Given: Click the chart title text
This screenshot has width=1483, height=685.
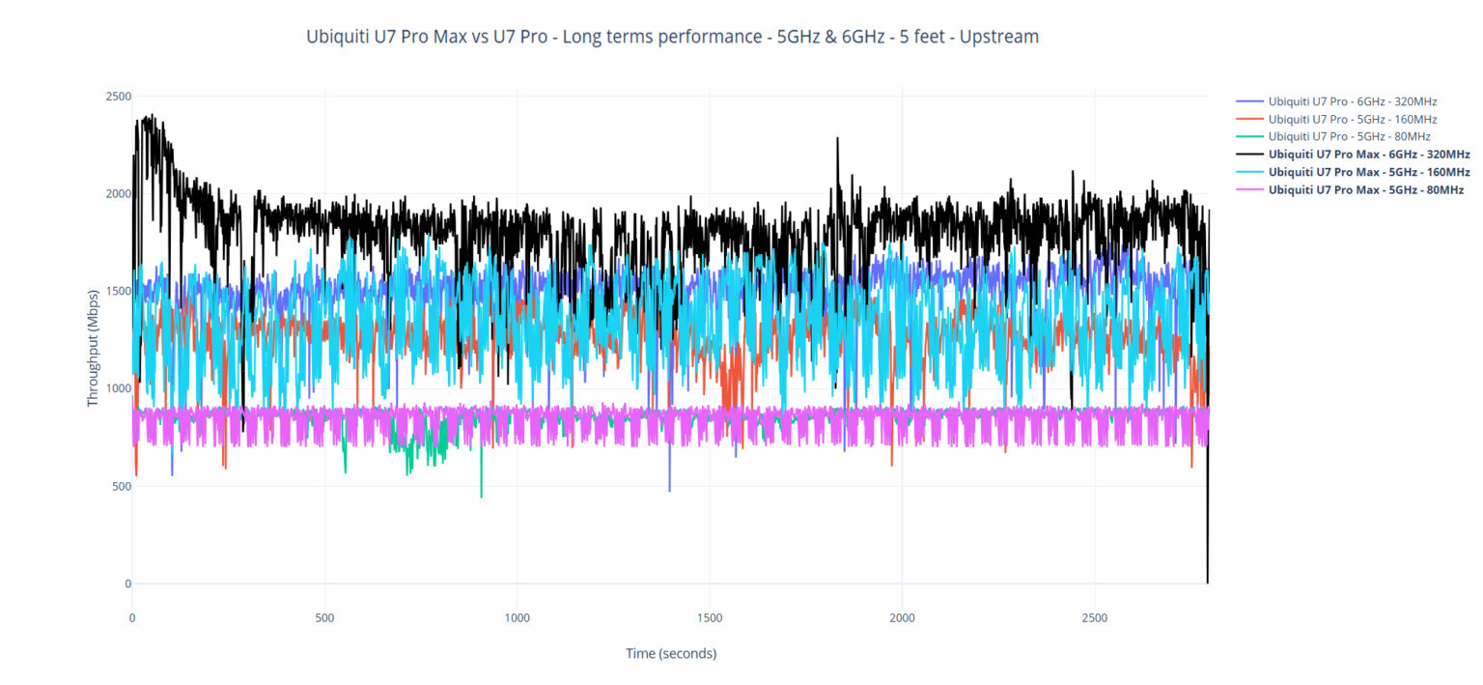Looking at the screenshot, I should [672, 38].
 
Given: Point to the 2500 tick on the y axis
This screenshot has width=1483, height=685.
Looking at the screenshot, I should [119, 96].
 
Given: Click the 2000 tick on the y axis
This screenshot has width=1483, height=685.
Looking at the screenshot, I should [119, 193].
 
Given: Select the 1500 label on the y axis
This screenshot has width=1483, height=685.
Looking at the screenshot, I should [119, 291].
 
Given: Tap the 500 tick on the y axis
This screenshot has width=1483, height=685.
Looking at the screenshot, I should [122, 486].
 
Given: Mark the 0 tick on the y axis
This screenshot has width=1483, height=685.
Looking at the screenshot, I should [126, 584].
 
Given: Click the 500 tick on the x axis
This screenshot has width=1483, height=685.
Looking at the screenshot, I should [324, 617].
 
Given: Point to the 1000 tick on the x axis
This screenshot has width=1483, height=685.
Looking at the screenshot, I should [517, 617].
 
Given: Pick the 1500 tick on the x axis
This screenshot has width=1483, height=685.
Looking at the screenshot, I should [710, 617].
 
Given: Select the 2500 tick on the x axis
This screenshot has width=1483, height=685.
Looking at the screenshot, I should [1095, 617].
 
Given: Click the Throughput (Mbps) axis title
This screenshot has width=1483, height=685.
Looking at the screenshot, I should [94, 347].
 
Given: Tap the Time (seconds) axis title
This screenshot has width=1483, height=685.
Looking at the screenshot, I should [671, 653].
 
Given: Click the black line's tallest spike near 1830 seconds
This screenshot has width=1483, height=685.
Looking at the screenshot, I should [837, 138].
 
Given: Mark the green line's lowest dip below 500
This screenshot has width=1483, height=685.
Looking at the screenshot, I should [481, 497].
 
